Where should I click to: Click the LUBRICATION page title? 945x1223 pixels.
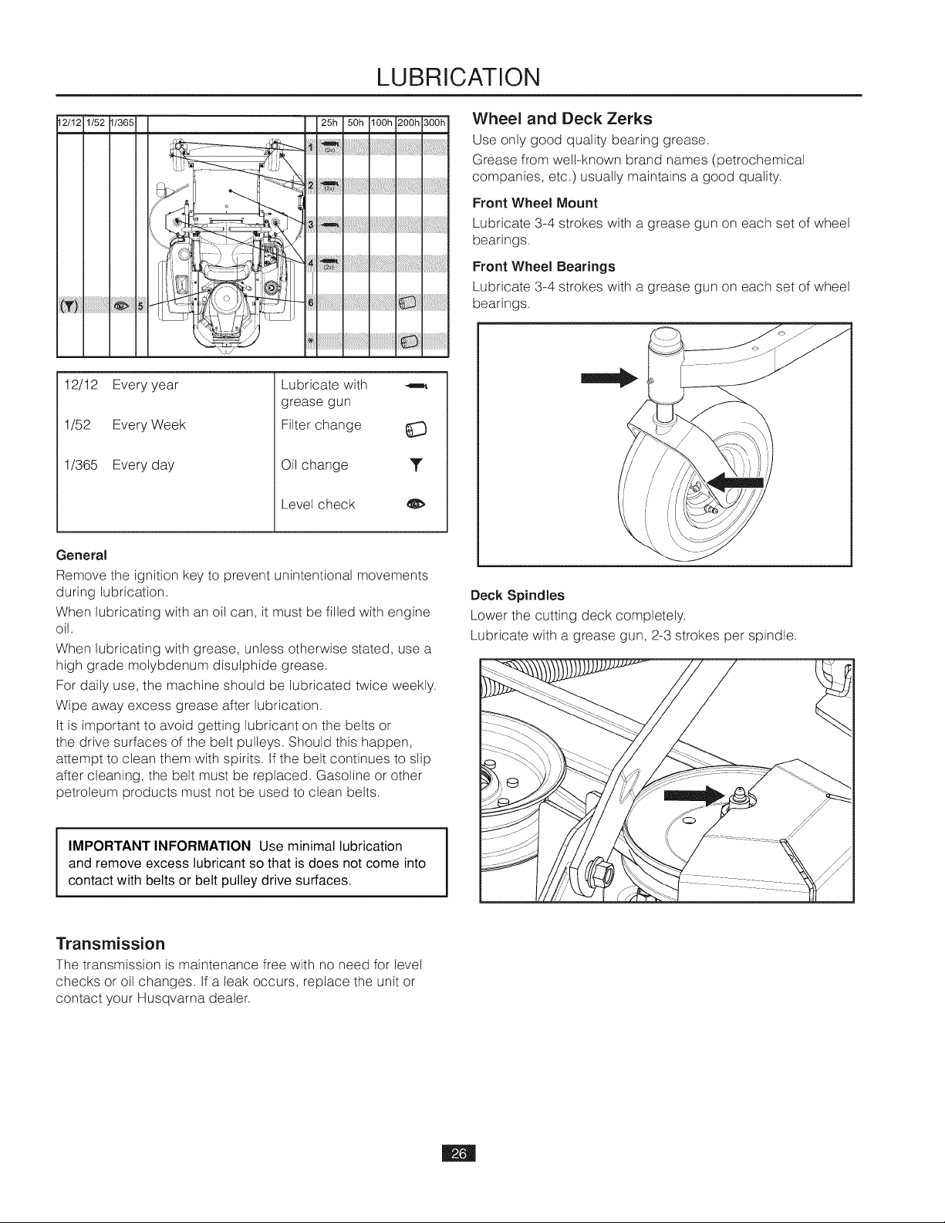(x=458, y=77)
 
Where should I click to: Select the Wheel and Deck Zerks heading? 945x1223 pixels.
(x=562, y=119)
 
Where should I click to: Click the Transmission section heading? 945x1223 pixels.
(x=111, y=943)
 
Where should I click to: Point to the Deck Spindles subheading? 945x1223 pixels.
(x=518, y=596)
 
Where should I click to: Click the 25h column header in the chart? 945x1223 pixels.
(x=329, y=123)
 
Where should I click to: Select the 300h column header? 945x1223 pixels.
(x=435, y=123)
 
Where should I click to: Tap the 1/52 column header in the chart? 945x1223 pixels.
(x=96, y=123)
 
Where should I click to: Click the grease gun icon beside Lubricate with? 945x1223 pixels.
(x=417, y=386)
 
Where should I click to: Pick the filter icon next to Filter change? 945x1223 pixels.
(x=417, y=430)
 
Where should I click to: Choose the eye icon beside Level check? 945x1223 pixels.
(x=417, y=505)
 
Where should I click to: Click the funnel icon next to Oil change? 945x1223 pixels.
(x=416, y=465)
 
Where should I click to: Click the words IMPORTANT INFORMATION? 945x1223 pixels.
(x=160, y=846)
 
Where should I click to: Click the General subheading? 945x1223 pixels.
(x=82, y=556)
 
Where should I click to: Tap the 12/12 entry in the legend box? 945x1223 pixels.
(x=81, y=385)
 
